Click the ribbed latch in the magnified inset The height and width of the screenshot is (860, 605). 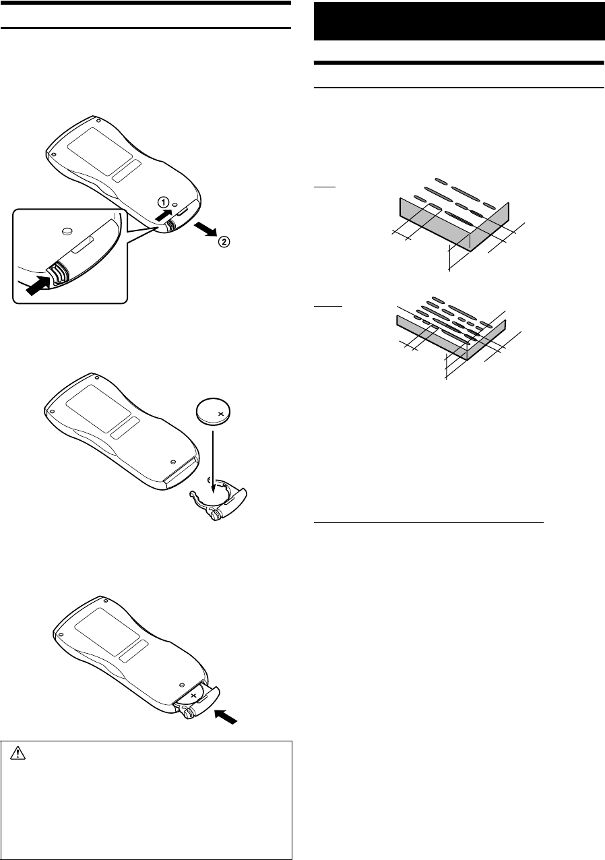pos(57,273)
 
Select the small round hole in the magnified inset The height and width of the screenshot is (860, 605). pos(65,231)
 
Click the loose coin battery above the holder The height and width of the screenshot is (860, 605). pos(214,410)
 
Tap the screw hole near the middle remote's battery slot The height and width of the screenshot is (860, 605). pos(173,462)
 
